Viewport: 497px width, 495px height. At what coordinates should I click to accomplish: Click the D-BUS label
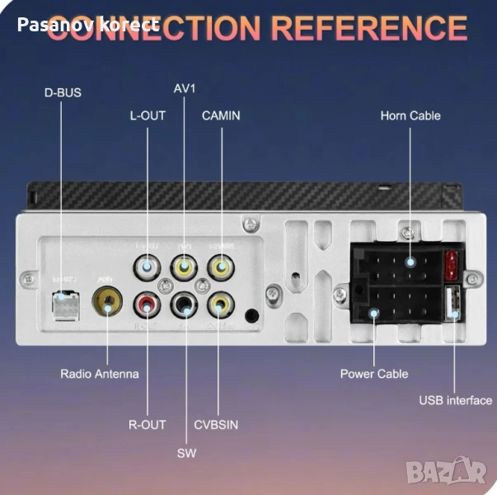pyautogui.click(x=63, y=92)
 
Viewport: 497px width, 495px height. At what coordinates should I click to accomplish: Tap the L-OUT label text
pyautogui.click(x=148, y=115)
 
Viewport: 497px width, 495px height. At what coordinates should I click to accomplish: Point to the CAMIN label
pyautogui.click(x=221, y=115)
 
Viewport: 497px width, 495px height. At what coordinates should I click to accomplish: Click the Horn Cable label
pyautogui.click(x=410, y=115)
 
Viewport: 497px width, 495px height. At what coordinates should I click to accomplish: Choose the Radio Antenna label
pyautogui.click(x=99, y=374)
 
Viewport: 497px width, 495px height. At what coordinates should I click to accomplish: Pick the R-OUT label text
pyautogui.click(x=148, y=424)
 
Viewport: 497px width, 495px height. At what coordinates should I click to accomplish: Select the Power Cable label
pyautogui.click(x=374, y=374)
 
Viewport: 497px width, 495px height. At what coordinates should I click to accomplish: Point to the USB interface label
pyautogui.click(x=455, y=401)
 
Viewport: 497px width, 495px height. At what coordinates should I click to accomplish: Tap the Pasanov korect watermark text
pyautogui.click(x=87, y=25)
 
